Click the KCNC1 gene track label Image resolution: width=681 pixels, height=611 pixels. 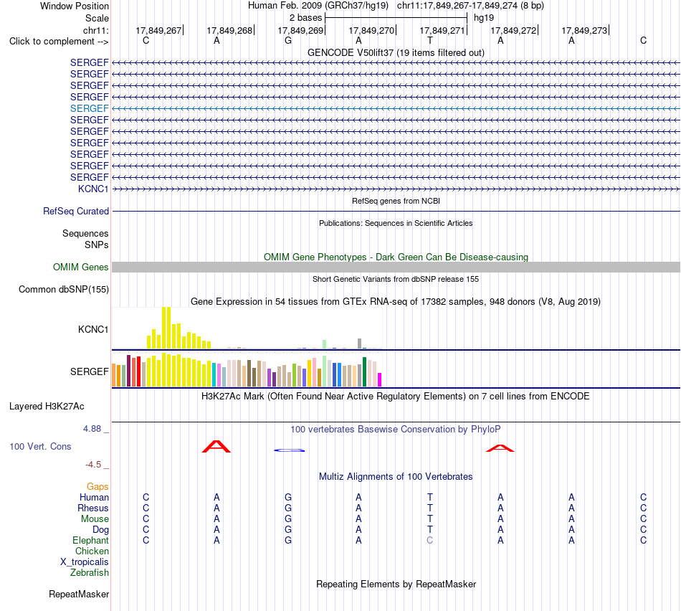pos(93,189)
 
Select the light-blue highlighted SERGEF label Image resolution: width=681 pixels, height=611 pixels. pos(89,108)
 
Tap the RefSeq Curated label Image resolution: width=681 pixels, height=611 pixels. pos(76,212)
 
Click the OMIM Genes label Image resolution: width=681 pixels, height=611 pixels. pos(81,267)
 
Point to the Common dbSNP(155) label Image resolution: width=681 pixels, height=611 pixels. pos(64,290)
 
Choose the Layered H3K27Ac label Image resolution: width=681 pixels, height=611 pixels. pos(47,407)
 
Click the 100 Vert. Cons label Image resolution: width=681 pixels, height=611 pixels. pos(40,446)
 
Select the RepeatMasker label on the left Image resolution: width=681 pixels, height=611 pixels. pos(79,594)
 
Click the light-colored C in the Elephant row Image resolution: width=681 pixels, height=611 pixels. pos(429,540)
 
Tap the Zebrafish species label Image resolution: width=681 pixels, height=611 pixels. pos(90,572)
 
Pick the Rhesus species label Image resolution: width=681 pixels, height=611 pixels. pos(93,508)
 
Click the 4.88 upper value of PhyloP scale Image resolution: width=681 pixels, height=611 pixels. pos(92,429)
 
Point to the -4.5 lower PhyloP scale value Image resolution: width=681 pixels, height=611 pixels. pos(93,465)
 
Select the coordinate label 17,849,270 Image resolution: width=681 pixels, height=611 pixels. pos(371,30)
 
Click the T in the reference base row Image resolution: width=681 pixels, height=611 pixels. pos(430,40)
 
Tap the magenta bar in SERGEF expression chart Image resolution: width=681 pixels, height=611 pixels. pos(380,379)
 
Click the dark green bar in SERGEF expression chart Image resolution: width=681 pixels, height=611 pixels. pos(365,372)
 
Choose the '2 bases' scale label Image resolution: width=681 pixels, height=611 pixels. pos(306,18)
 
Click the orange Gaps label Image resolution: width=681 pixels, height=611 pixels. pos(97,487)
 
